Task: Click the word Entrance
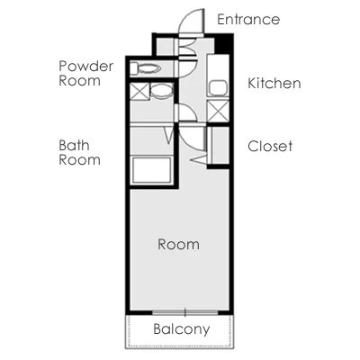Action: click(248, 20)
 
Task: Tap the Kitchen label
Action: click(274, 83)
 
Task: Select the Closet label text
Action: click(270, 146)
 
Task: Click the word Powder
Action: click(86, 67)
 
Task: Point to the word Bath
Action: click(74, 146)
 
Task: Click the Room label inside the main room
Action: click(178, 244)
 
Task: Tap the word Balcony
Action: click(181, 329)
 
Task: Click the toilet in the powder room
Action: click(146, 68)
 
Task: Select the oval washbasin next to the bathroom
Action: click(161, 91)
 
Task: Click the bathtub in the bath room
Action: click(152, 170)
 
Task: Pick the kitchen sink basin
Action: click(218, 88)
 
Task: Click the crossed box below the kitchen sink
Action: click(218, 112)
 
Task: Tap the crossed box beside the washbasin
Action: click(139, 91)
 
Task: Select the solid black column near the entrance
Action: click(223, 43)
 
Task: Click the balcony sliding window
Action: click(185, 312)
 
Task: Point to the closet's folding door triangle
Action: click(199, 158)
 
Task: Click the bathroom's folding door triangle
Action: click(169, 135)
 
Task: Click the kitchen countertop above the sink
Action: click(218, 67)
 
